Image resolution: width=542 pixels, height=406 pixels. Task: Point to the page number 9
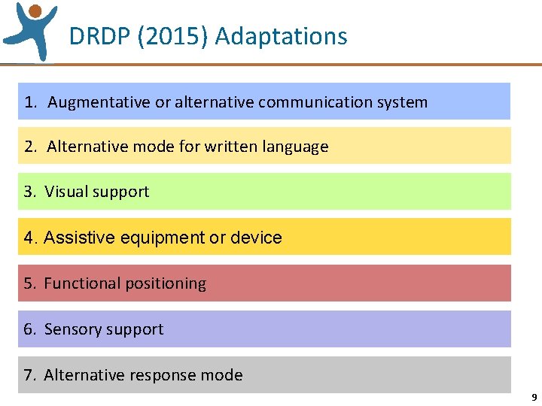pos(534,398)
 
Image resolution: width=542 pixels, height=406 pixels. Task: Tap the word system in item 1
pos(405,102)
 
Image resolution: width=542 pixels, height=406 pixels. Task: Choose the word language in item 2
pos(295,147)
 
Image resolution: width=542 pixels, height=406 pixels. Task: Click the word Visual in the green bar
pos(67,192)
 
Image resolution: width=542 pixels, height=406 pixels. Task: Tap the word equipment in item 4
pos(160,238)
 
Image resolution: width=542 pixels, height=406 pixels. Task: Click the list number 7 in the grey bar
pos(29,375)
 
